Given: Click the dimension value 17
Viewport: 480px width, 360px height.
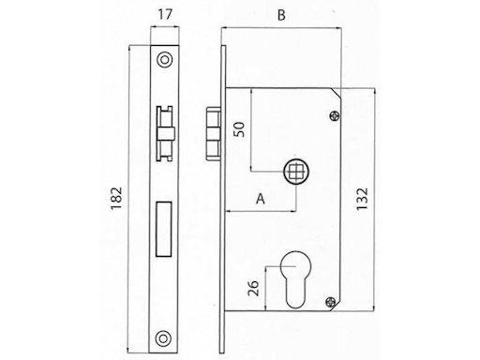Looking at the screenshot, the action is (x=164, y=17).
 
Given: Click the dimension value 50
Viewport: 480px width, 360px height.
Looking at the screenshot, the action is (x=240, y=129).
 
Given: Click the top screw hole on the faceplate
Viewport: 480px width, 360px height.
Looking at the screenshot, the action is (x=165, y=58).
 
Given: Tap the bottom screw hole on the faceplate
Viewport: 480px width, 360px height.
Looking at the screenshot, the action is (x=165, y=337).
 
